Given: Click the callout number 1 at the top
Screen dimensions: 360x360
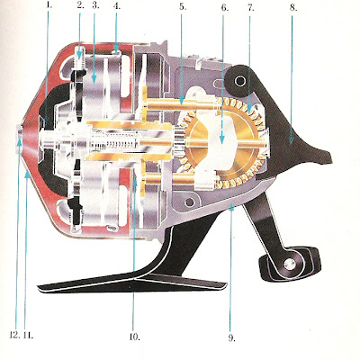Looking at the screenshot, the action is click(49, 5).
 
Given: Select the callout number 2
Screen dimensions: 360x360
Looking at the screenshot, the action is click(80, 5).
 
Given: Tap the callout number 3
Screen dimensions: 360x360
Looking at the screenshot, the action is click(95, 5).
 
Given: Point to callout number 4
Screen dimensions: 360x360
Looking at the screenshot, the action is click(117, 5).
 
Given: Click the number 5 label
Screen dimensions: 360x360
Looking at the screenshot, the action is click(183, 6).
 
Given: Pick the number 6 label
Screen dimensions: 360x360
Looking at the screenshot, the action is click(225, 7).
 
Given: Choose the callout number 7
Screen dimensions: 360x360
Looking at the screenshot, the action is click(251, 7).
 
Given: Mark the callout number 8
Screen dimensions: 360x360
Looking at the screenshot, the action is click(293, 7).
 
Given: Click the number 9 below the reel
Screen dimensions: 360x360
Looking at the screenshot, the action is click(231, 337).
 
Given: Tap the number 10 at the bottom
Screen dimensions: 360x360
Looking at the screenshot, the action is click(135, 337).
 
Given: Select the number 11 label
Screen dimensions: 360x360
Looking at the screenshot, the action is click(28, 335).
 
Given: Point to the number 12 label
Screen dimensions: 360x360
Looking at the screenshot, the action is click(14, 335).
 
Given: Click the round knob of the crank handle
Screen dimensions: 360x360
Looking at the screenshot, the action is click(290, 264).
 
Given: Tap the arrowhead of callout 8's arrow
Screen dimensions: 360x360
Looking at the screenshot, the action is click(292, 141).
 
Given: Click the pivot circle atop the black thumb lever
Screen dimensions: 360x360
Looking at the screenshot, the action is click(240, 80).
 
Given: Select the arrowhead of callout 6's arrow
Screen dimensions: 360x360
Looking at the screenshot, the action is click(222, 139).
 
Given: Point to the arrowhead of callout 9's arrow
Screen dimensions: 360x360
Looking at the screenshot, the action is click(230, 207).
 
